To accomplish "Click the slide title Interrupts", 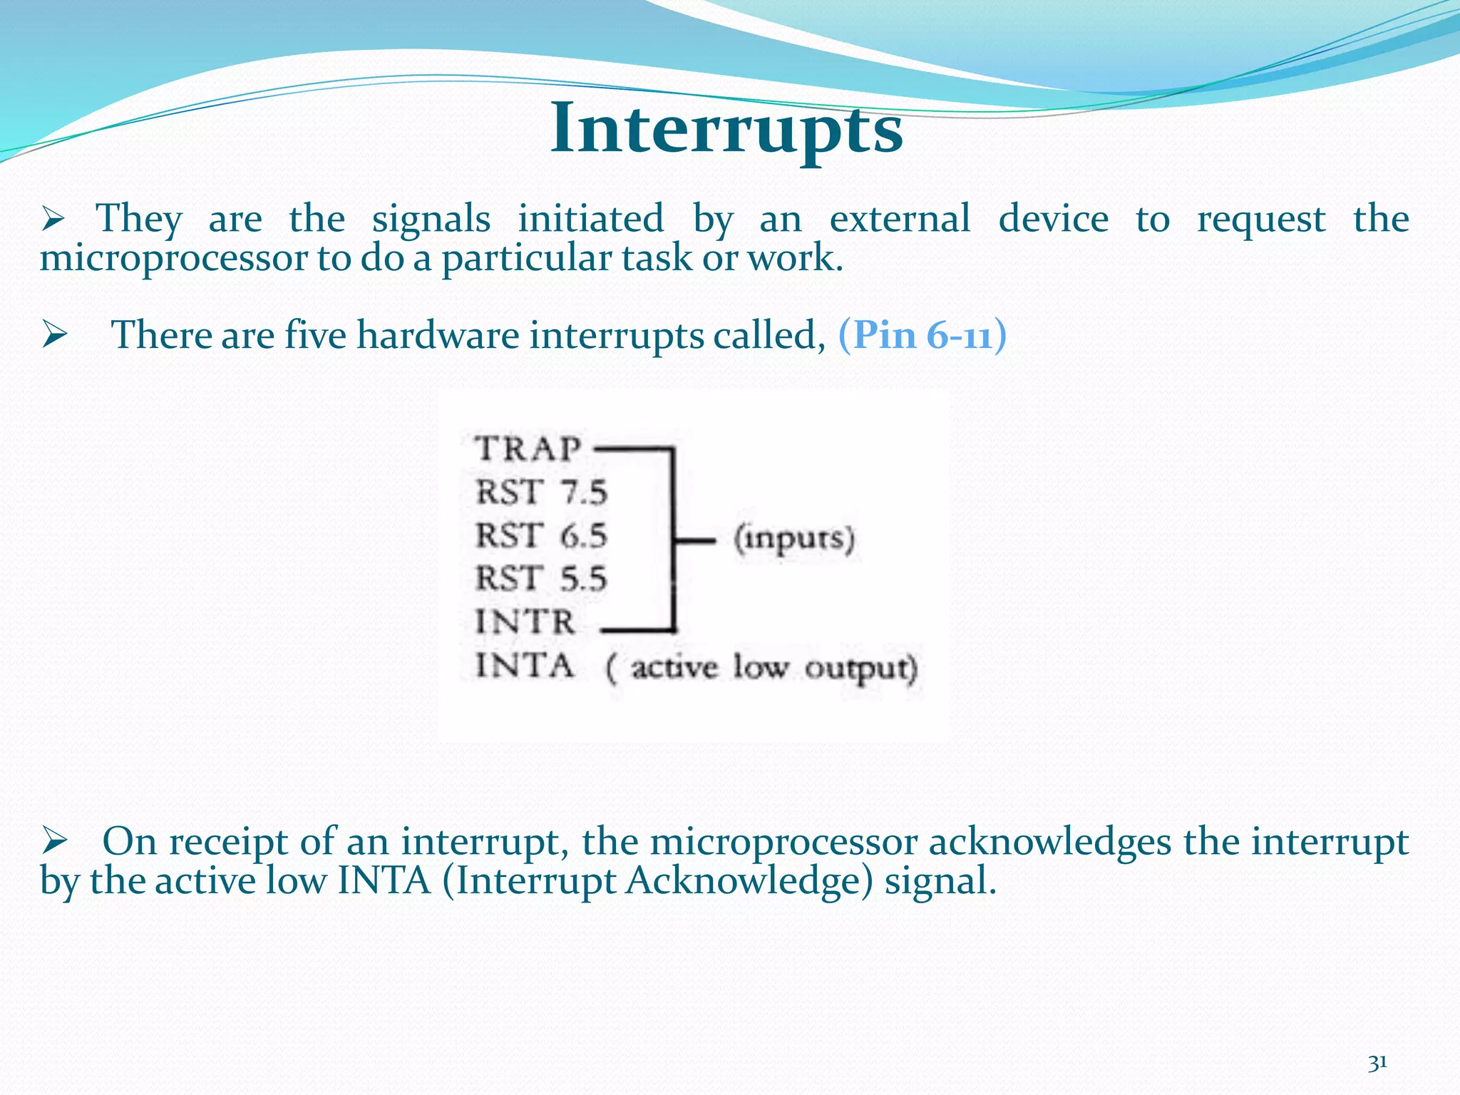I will coord(726,130).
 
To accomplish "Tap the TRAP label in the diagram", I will coord(528,449).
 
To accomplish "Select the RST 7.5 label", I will coord(541,493).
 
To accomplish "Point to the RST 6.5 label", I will coord(541,535).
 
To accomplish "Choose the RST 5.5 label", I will coord(541,578).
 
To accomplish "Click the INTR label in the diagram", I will coord(525,622).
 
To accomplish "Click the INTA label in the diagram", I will coord(525,666).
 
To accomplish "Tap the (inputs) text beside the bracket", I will coord(794,539).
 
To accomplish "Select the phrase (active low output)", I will coord(761,669).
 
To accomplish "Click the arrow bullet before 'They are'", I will coord(53,218).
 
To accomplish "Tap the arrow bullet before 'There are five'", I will coord(53,334).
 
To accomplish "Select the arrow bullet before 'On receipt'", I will coord(53,841).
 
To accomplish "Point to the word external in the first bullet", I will coord(900,218).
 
